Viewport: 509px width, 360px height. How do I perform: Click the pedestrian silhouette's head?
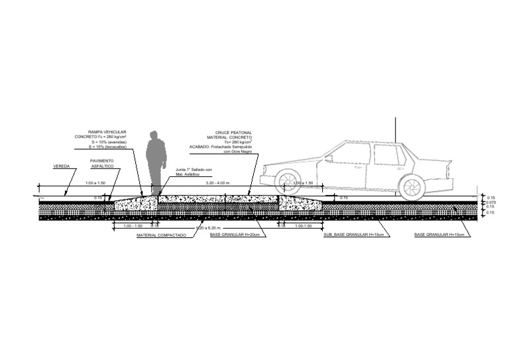[x=154, y=135]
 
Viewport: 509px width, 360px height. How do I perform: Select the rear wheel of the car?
[x=412, y=187]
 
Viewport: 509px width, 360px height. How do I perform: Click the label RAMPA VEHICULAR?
[x=107, y=132]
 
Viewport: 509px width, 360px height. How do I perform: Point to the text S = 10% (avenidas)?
[x=109, y=143]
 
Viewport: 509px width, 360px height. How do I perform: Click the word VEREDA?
[x=62, y=166]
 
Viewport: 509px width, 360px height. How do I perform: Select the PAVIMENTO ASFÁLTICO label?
[x=102, y=164]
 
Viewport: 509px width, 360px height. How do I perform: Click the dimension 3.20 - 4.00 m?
[x=219, y=183]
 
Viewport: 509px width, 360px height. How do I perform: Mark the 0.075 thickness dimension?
[x=491, y=202]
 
